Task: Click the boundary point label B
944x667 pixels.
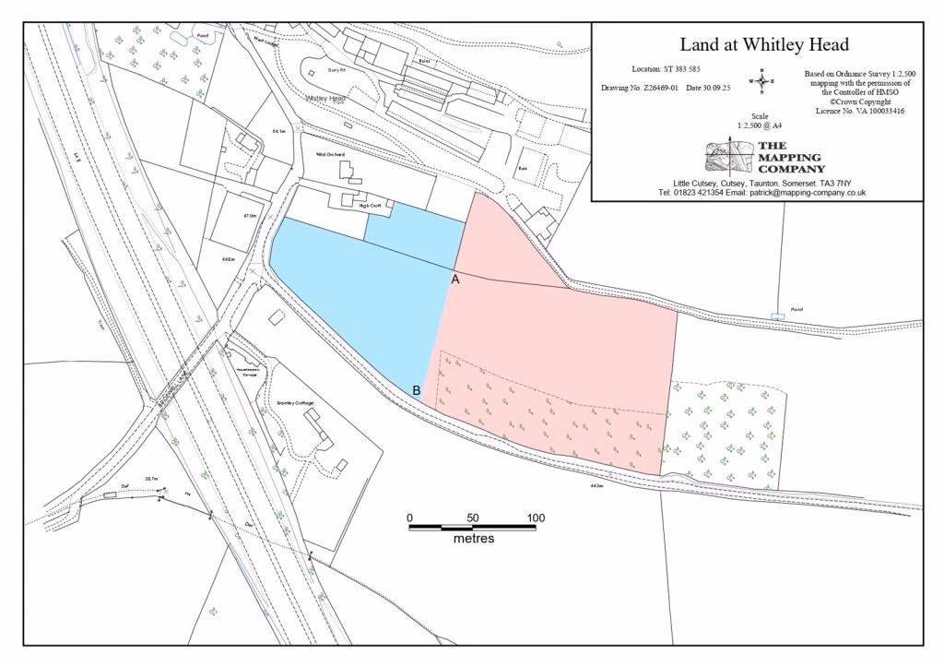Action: click(417, 390)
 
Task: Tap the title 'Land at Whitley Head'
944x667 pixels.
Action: click(764, 44)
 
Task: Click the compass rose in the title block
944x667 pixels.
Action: click(761, 81)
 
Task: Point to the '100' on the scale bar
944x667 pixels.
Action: click(536, 518)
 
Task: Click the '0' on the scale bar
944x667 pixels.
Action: click(410, 518)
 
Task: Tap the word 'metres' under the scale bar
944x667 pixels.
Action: click(473, 539)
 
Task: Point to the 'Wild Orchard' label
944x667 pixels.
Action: click(329, 154)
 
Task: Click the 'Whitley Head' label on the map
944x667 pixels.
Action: click(325, 99)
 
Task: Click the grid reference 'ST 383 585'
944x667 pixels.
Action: click(682, 69)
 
